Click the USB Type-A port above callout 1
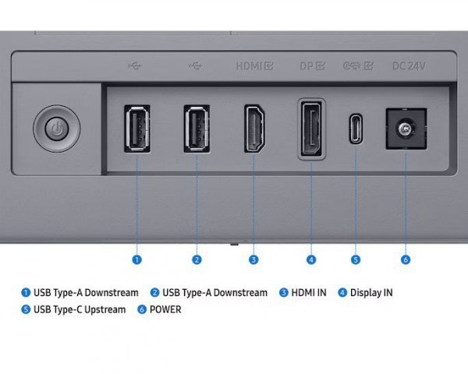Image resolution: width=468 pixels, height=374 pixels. click(137, 129)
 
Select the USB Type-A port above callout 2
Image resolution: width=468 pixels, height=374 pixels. click(197, 129)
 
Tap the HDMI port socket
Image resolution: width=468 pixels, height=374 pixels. click(254, 129)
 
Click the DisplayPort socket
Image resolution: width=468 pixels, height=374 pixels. click(311, 129)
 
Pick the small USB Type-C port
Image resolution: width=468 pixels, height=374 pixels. click(356, 129)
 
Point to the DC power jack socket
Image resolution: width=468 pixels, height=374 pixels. click(406, 129)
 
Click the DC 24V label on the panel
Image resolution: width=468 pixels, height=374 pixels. click(409, 65)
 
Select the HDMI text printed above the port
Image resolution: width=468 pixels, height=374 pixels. click(249, 65)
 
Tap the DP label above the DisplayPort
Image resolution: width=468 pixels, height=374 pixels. click(307, 65)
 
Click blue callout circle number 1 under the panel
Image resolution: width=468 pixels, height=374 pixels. click(137, 259)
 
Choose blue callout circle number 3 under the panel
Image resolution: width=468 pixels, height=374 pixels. click(253, 259)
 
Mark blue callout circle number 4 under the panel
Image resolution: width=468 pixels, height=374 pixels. click(311, 259)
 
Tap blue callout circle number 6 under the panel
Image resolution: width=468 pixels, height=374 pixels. click(406, 259)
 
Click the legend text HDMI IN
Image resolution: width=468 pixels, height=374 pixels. click(309, 293)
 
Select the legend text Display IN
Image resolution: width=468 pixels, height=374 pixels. click(371, 293)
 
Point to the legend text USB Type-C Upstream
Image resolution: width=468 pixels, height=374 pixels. click(80, 310)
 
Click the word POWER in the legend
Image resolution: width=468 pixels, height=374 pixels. click(165, 309)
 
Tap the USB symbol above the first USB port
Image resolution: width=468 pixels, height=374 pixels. click(135, 65)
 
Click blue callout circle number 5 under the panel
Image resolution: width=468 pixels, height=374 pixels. click(356, 259)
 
